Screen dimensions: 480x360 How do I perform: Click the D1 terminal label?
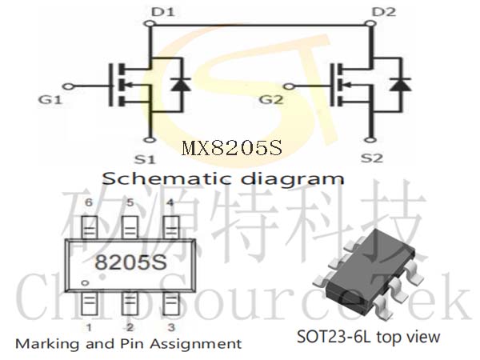click(x=162, y=12)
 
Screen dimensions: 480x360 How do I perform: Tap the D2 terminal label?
click(x=383, y=12)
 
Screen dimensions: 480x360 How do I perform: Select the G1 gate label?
click(x=50, y=100)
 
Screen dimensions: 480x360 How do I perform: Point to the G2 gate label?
click(x=271, y=100)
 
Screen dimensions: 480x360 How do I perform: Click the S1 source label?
click(x=145, y=159)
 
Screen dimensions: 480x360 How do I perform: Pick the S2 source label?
click(x=372, y=158)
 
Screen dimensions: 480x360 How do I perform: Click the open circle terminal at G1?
click(x=70, y=86)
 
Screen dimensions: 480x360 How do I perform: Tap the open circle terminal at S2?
click(x=370, y=140)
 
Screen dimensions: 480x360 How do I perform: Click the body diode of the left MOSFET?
click(x=181, y=85)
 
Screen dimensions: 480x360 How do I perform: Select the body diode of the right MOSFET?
click(x=400, y=85)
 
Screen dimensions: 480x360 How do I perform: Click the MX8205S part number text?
click(x=232, y=148)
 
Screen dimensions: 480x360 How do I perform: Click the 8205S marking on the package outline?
click(x=131, y=262)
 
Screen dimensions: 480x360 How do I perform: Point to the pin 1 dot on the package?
click(x=85, y=283)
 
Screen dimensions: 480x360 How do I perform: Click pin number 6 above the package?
click(x=89, y=202)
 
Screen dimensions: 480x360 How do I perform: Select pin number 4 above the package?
click(x=170, y=202)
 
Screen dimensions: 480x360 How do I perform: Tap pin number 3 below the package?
click(x=171, y=327)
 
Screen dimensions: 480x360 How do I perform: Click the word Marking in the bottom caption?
click(x=48, y=344)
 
